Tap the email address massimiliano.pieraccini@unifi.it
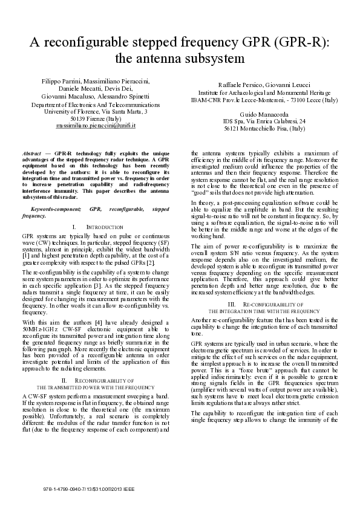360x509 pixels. (x=96, y=126)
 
